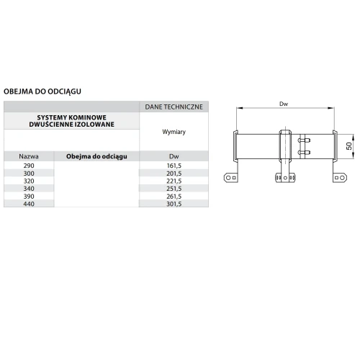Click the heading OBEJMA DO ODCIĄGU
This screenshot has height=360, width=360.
click(42, 91)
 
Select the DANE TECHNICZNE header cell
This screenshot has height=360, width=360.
click(174, 107)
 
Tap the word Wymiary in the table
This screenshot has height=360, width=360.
click(174, 132)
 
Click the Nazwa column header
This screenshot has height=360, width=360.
click(29, 156)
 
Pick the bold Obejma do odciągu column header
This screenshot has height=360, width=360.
click(96, 156)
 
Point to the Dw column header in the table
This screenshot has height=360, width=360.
click(174, 156)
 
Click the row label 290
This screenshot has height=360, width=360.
click(29, 166)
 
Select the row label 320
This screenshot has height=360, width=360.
click(29, 181)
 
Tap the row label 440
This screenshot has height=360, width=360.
click(29, 204)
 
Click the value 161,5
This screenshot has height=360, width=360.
click(174, 166)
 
